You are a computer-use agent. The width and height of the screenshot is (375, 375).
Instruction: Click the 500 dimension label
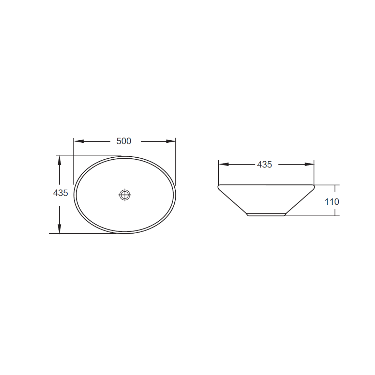click(124, 141)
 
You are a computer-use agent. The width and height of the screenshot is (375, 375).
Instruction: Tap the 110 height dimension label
click(332, 202)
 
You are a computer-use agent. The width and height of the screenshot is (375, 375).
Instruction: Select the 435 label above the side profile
click(264, 165)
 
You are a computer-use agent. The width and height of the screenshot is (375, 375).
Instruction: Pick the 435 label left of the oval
click(60, 193)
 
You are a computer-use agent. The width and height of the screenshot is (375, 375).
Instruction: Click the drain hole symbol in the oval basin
click(125, 195)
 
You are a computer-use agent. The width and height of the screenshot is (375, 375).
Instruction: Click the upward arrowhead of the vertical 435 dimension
click(59, 161)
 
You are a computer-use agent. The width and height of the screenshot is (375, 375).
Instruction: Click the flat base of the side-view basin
click(266, 215)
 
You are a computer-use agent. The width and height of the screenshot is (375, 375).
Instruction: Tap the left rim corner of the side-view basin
click(219, 187)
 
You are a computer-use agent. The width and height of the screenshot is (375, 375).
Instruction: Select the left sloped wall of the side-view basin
click(233, 201)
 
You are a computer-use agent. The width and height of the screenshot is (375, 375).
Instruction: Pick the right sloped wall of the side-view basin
click(299, 201)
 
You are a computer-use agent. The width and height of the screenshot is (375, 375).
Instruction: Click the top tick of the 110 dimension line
click(335, 185)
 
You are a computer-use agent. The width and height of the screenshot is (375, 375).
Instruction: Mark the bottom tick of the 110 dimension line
click(335, 216)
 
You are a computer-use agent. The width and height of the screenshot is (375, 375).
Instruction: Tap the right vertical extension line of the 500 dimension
click(176, 163)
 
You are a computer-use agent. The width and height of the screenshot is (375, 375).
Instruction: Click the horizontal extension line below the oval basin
click(83, 234)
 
